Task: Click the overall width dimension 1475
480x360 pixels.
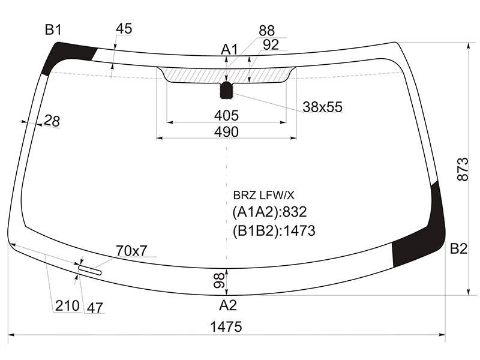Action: pyautogui.click(x=226, y=326)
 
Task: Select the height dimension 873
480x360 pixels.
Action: pyautogui.click(x=463, y=169)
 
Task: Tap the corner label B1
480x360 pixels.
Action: pyautogui.click(x=53, y=30)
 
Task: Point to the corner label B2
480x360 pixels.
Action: pyautogui.click(x=458, y=248)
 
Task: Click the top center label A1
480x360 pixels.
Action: pyautogui.click(x=229, y=49)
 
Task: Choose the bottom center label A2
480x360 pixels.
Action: pyautogui.click(x=228, y=305)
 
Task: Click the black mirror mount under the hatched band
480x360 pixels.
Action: pyautogui.click(x=227, y=91)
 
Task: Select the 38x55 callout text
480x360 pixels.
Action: pyautogui.click(x=323, y=107)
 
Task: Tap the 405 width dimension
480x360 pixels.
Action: pyautogui.click(x=226, y=116)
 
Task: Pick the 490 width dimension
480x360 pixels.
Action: pyautogui.click(x=226, y=132)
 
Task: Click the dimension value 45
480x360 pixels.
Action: pyautogui.click(x=124, y=28)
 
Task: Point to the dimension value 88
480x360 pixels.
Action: pyautogui.click(x=266, y=31)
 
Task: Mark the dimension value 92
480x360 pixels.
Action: pyautogui.click(x=271, y=44)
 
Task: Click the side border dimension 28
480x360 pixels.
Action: pyautogui.click(x=52, y=121)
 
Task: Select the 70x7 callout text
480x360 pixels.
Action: pyautogui.click(x=131, y=251)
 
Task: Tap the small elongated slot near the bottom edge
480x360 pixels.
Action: pyautogui.click(x=89, y=270)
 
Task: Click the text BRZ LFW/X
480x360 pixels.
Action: pyautogui.click(x=263, y=196)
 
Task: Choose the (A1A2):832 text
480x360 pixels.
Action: pyautogui.click(x=269, y=212)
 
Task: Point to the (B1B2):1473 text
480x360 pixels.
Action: pyautogui.click(x=274, y=231)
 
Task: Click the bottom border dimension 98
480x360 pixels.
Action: pyautogui.click(x=219, y=281)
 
